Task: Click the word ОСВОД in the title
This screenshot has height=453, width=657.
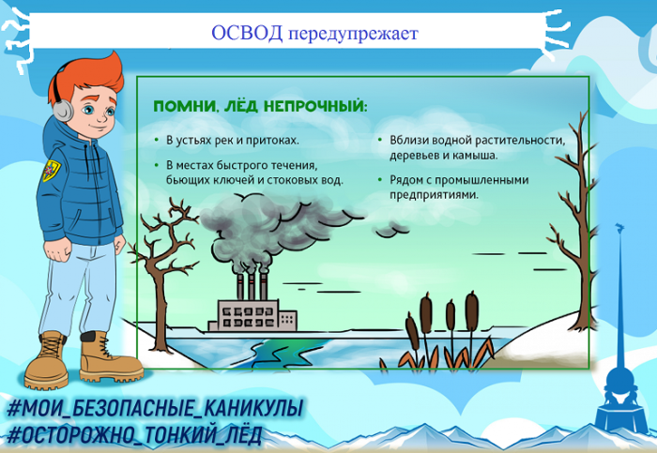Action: [x=247, y=33]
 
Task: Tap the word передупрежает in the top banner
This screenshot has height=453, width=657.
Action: [x=353, y=35]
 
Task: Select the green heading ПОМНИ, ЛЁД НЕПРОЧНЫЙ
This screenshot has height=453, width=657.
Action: [x=260, y=106]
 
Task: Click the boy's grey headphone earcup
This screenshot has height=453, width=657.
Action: [x=63, y=111]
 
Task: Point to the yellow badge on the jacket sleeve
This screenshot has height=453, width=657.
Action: [x=51, y=170]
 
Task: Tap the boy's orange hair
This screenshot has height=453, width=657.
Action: [x=89, y=78]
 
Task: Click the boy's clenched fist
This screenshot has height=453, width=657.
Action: [x=59, y=250]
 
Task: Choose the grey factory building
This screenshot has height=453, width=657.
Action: [x=252, y=316]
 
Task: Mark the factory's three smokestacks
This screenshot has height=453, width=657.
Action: [x=252, y=286]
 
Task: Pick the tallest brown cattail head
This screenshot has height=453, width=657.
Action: [x=472, y=309]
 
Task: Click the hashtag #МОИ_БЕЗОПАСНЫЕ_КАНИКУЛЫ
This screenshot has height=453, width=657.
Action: [x=154, y=409]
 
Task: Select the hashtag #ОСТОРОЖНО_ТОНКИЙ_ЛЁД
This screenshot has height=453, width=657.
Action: [x=134, y=435]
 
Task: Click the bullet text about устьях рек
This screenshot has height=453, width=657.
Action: [x=233, y=140]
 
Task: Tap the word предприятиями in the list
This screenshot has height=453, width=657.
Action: [x=434, y=195]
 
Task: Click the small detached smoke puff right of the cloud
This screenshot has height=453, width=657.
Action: [x=390, y=230]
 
